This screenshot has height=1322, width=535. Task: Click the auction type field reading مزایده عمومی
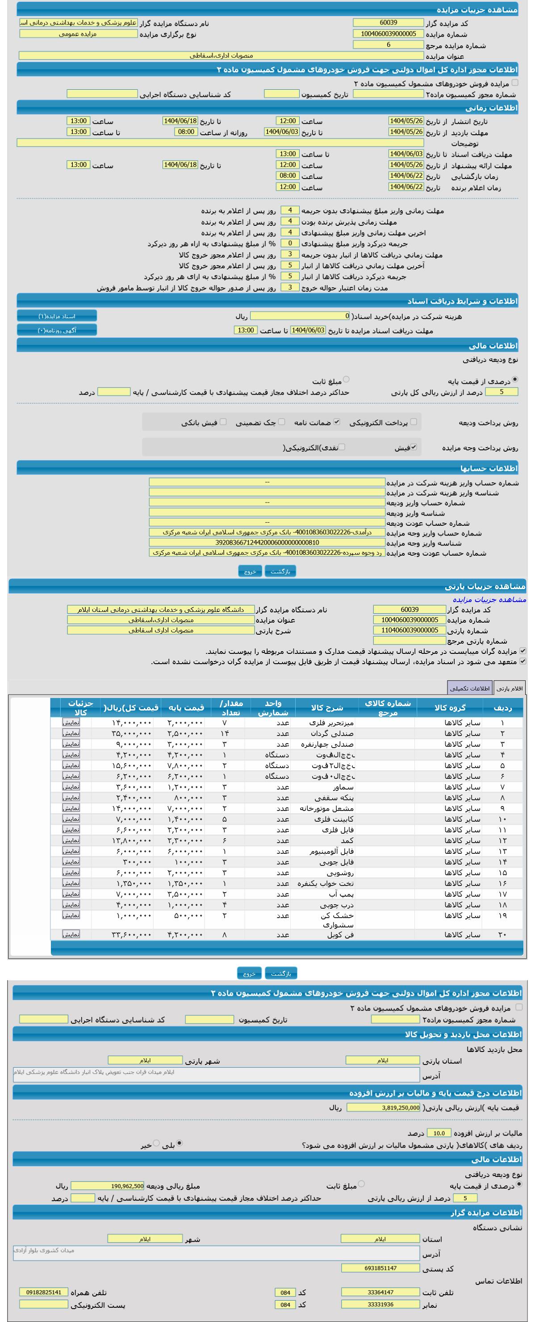click(78, 34)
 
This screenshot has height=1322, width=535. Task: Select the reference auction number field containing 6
click(388, 45)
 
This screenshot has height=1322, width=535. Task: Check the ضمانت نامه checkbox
click(337, 422)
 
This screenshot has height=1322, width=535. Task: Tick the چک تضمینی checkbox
click(281, 422)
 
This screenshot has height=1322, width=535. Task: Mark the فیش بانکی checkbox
click(223, 422)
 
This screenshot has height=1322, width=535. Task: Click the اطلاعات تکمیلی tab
click(469, 688)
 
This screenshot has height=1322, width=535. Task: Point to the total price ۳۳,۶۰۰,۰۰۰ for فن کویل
click(132, 935)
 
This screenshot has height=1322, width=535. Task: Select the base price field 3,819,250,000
click(384, 1107)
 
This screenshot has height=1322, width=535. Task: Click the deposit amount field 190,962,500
click(107, 1186)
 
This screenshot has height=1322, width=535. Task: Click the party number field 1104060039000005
click(409, 630)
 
